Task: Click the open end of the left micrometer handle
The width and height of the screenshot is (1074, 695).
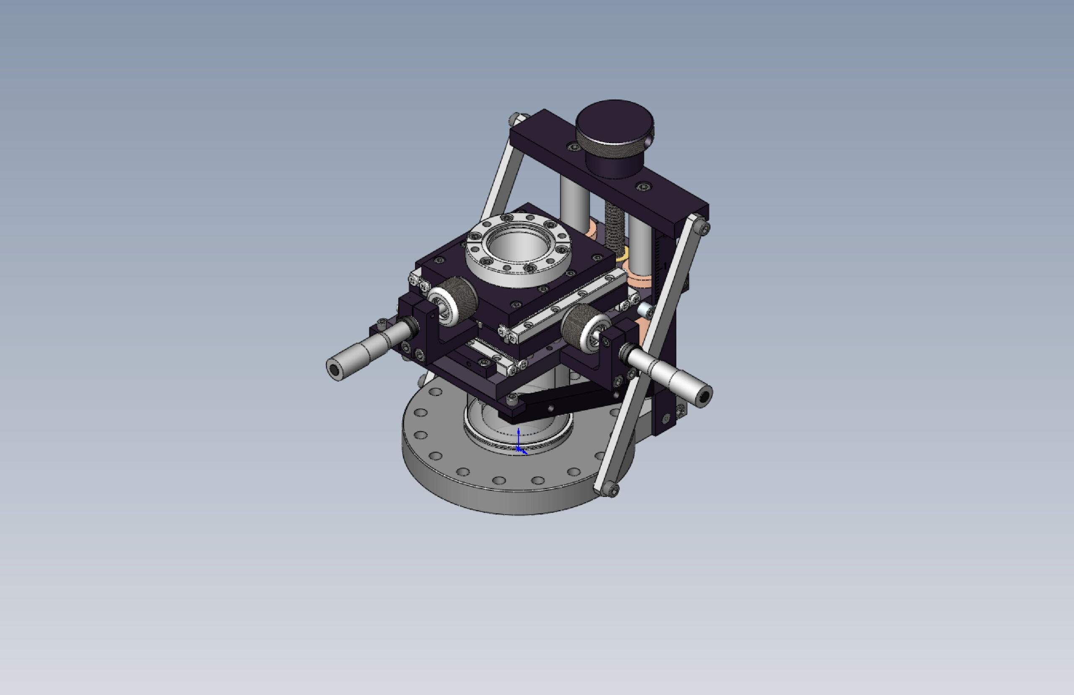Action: click(x=334, y=371)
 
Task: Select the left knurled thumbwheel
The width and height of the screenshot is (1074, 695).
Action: click(x=454, y=300)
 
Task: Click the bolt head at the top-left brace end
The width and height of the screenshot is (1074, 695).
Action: click(x=515, y=119)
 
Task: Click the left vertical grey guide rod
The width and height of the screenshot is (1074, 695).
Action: click(x=574, y=199)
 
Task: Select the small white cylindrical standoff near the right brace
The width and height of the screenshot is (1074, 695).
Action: click(x=646, y=310)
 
